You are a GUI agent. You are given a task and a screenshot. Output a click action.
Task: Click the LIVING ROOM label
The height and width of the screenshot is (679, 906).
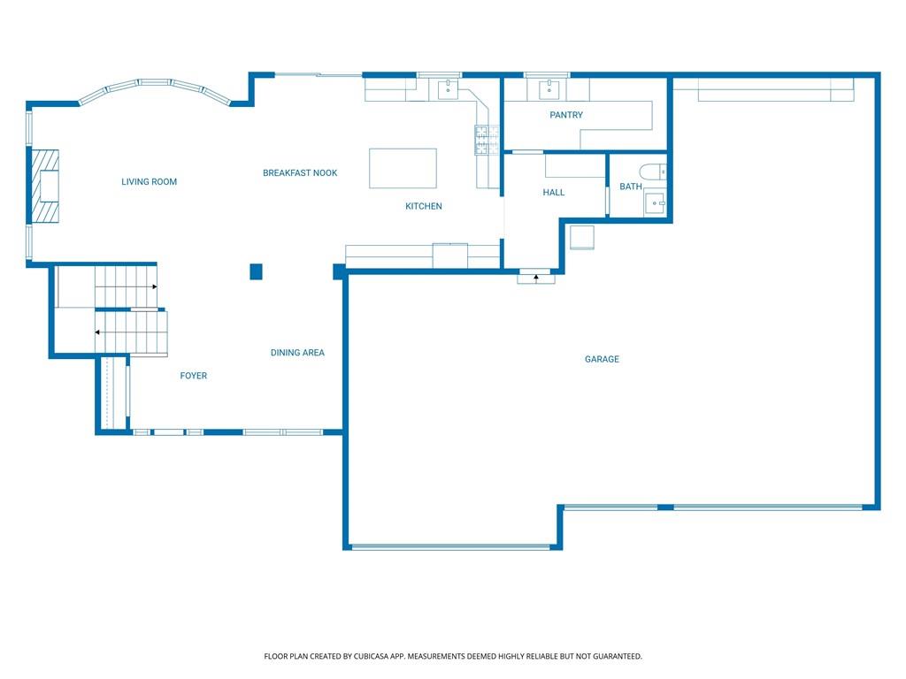(149, 182)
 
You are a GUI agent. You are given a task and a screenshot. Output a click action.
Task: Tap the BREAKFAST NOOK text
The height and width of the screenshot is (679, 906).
(300, 172)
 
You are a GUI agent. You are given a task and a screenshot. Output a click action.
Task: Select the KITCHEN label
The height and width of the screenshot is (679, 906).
(424, 206)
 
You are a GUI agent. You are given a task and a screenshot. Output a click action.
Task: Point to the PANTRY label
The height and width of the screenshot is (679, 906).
(566, 115)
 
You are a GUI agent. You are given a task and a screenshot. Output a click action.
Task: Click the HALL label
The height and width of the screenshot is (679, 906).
(554, 192)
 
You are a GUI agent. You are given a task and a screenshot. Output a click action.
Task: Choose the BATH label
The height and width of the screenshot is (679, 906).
(630, 187)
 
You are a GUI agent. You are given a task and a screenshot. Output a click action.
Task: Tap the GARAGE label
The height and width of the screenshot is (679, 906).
(602, 359)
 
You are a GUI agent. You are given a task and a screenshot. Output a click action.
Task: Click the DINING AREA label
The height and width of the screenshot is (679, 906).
(297, 353)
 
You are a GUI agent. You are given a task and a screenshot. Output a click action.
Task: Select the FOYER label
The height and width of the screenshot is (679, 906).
(194, 376)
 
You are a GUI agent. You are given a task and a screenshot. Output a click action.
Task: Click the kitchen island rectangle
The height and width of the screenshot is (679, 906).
(403, 168)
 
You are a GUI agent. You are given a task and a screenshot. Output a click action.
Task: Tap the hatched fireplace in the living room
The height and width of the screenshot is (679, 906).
(45, 186)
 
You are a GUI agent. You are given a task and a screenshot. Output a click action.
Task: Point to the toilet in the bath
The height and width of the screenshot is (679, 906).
(653, 172)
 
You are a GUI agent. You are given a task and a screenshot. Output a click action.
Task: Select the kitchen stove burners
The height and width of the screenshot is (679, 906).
(488, 140)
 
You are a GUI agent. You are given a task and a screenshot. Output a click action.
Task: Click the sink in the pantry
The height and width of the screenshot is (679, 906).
(549, 89)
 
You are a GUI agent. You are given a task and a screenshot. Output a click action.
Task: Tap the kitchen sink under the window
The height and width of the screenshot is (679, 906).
(448, 89)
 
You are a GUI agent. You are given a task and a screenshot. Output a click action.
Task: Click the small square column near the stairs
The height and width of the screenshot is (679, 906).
(256, 271)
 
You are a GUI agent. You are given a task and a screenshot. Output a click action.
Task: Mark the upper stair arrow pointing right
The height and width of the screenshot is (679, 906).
(126, 286)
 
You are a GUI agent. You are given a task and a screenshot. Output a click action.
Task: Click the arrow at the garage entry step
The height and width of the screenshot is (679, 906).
(536, 278)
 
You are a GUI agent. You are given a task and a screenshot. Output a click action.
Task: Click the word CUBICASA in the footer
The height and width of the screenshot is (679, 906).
(374, 656)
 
